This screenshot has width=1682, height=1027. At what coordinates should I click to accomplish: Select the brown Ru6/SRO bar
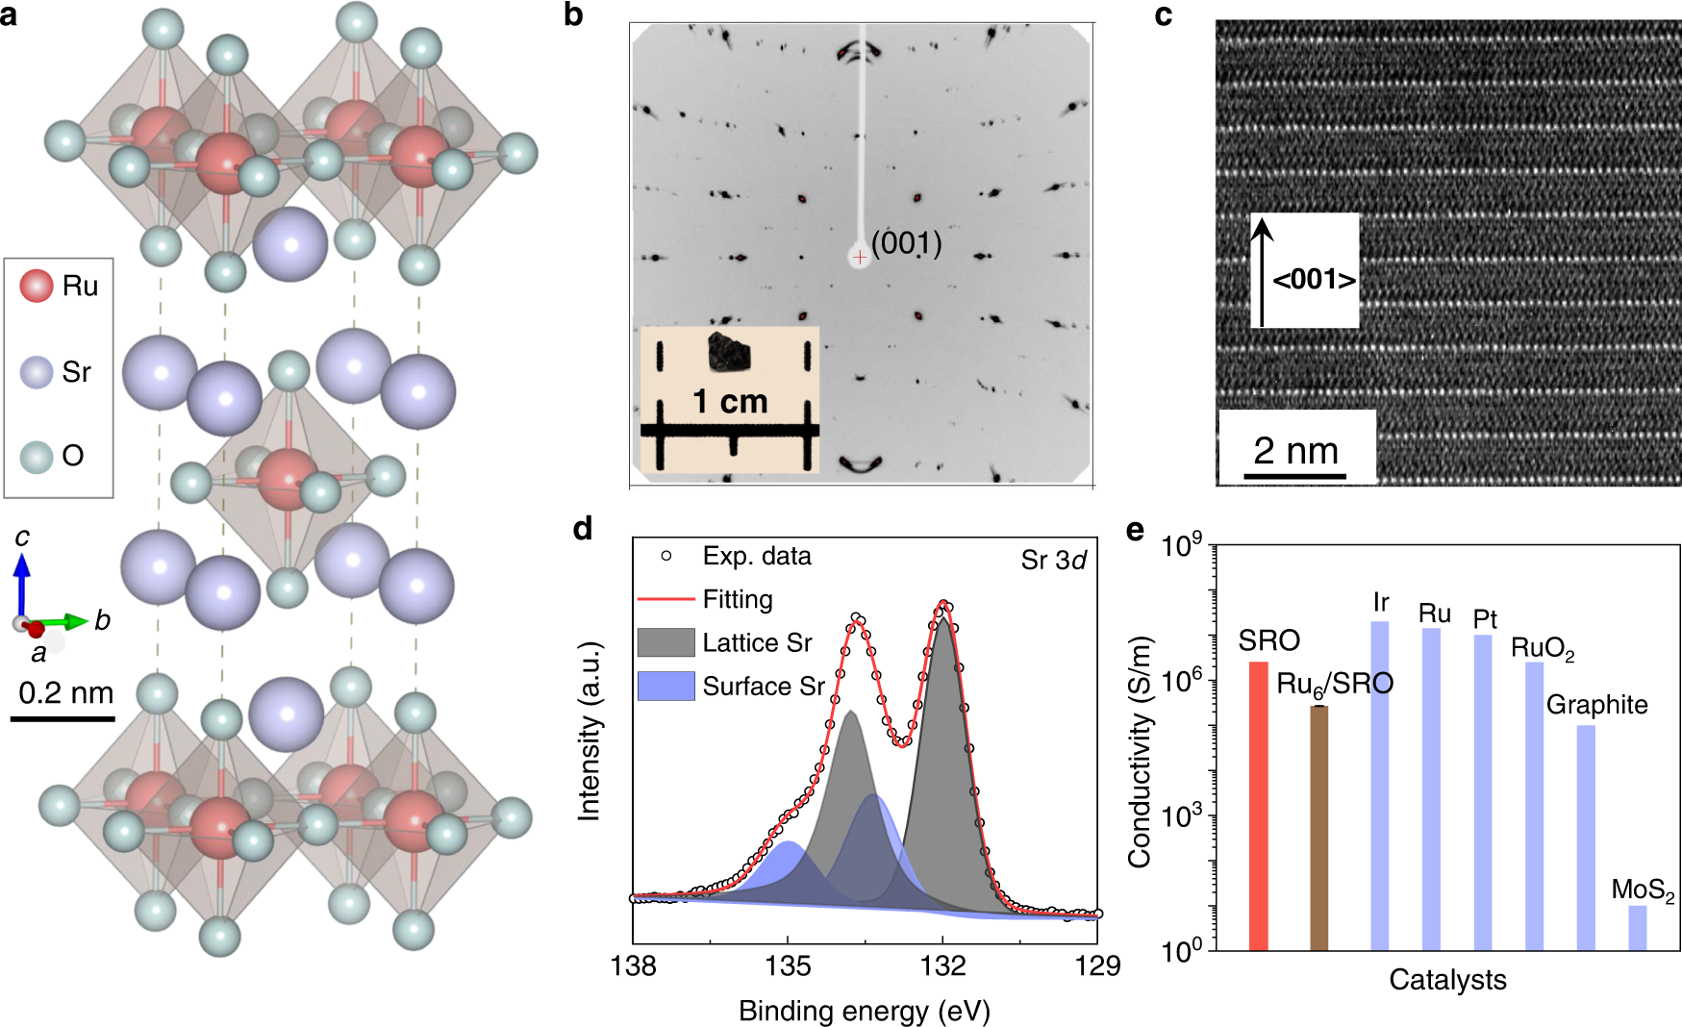point(1318,828)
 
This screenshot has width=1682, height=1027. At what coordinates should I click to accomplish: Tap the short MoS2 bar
point(1637,927)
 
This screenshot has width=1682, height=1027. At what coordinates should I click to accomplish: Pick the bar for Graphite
point(1586,838)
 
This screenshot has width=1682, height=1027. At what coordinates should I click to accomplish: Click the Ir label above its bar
point(1381,603)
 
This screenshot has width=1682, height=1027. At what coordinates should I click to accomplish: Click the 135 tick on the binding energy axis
point(788,965)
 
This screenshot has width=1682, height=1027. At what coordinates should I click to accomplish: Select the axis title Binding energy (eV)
point(864,1011)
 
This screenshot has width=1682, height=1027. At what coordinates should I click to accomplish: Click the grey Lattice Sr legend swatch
point(665,642)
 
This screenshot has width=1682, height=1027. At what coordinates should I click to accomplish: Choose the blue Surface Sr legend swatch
point(665,686)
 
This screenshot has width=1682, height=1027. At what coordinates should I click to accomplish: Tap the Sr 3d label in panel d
point(1053,561)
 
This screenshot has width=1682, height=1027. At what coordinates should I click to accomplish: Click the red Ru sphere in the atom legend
point(37,286)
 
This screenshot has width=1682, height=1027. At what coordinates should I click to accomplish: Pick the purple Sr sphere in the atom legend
point(37,371)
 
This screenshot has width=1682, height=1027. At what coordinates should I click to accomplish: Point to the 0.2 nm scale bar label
point(65,692)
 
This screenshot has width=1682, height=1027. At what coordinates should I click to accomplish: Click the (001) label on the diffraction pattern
point(906,242)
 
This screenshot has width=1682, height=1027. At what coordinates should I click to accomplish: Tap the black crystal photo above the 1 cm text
point(729,352)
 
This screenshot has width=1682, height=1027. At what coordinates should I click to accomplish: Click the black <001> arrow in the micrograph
point(1262,273)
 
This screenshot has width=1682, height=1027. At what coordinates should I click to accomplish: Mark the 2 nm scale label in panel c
point(1295,450)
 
